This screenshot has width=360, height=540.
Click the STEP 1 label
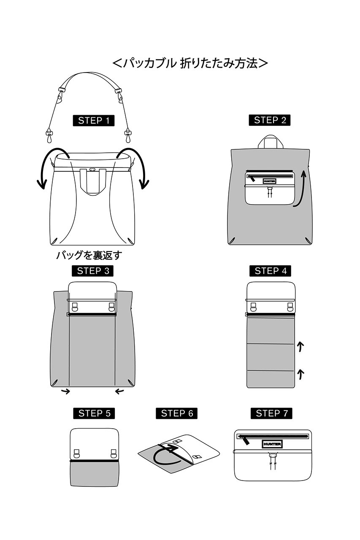pyautogui.click(x=94, y=121)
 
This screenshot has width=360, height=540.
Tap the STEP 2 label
pyautogui.click(x=270, y=120)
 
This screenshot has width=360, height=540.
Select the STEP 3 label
pyautogui.click(x=93, y=271)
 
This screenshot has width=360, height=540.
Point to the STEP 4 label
pyautogui.click(x=270, y=271)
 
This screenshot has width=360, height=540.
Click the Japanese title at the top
pyautogui.click(x=190, y=63)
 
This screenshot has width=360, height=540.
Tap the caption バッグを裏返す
pyautogui.click(x=89, y=255)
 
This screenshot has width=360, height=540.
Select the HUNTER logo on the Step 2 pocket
pyautogui.click(x=270, y=181)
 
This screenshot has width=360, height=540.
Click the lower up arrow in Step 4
pyautogui.click(x=300, y=374)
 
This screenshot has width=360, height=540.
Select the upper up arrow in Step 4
pyautogui.click(x=300, y=347)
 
